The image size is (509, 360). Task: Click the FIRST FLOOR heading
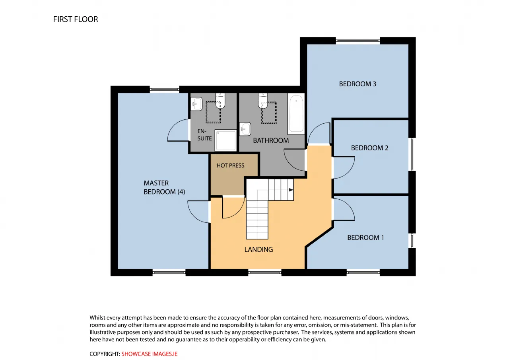click(76, 19)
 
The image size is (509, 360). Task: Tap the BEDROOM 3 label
click(357, 84)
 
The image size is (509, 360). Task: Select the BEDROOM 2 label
click(369, 148)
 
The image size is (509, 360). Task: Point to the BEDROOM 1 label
click(365, 237)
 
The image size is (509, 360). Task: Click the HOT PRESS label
click(230, 165)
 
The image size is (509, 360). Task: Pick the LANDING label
click(258, 249)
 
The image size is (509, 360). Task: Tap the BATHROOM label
click(271, 140)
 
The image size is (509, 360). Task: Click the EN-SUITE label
click(204, 135)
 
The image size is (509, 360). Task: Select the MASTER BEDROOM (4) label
click(164, 187)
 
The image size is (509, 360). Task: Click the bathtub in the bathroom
click(296, 114)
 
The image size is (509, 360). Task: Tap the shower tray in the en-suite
click(225, 140)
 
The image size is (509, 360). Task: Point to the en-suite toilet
click(220, 101)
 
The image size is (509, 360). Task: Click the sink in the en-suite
click(196, 104)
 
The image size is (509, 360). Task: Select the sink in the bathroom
click(245, 129)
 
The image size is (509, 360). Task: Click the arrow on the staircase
click(291, 190)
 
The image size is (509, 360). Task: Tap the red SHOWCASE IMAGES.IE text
click(149, 354)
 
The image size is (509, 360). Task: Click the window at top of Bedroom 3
click(358, 41)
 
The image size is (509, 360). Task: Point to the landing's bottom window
click(265, 272)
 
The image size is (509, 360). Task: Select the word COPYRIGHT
click(105, 354)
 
